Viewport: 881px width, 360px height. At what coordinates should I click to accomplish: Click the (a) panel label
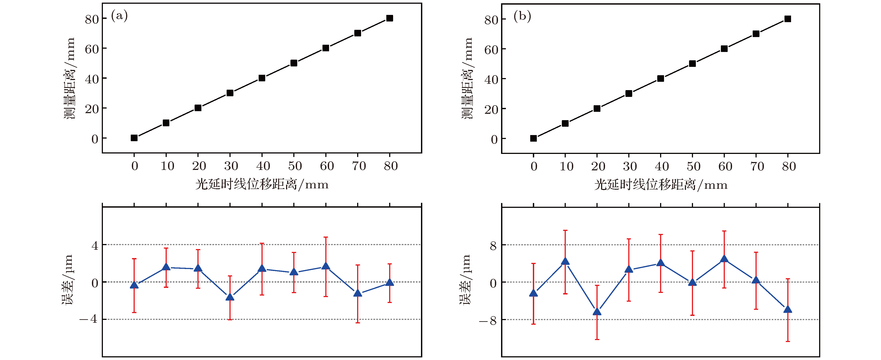click(119, 16)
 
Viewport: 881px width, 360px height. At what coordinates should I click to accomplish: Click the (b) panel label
click(522, 16)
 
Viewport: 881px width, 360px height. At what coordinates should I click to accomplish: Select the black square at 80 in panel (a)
click(390, 18)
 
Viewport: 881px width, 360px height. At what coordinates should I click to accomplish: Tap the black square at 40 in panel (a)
click(262, 78)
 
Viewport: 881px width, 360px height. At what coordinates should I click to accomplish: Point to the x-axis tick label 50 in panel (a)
click(295, 166)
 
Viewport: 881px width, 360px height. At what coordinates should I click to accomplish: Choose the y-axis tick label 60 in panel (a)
click(92, 50)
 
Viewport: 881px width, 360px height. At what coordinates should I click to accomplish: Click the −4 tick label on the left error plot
click(89, 319)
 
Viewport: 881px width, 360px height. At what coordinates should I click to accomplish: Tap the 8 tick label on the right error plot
click(493, 246)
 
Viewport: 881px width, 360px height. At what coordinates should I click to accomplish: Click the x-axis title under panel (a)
click(262, 185)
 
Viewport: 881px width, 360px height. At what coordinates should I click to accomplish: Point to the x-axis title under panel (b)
click(661, 185)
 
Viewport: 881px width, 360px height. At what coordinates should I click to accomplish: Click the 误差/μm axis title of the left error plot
click(67, 280)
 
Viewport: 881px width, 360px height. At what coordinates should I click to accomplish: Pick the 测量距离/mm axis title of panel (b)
click(467, 79)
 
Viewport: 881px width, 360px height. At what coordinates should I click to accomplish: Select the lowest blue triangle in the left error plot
click(230, 297)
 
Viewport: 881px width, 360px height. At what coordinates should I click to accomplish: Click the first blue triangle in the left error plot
click(134, 285)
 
